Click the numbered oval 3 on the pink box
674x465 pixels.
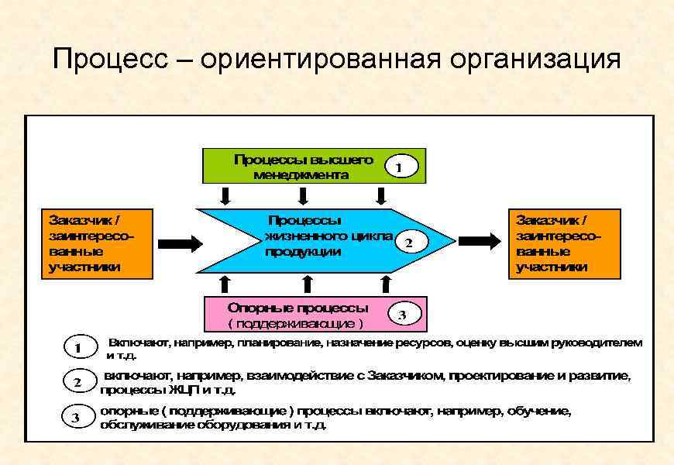coord(402,314)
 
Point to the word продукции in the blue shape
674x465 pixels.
coord(303,253)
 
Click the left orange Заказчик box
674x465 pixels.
coord(88,242)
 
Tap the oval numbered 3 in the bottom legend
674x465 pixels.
coord(77,418)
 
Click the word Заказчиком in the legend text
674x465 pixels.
coord(402,376)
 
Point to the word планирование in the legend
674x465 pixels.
coord(281,342)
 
